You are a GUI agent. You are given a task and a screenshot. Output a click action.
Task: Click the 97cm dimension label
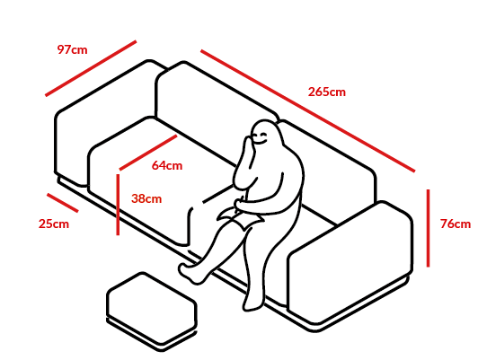pos(72,49)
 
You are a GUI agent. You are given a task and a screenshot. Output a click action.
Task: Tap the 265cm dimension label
pos(327,92)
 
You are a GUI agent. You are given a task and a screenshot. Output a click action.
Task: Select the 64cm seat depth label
pos(167,165)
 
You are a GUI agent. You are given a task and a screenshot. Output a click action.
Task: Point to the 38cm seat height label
pos(146,198)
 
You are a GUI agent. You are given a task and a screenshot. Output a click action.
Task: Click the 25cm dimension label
pos(54,224)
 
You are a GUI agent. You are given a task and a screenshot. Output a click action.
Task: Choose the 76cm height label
pos(456,224)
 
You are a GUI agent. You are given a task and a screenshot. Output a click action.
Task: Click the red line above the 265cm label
pos(307,110)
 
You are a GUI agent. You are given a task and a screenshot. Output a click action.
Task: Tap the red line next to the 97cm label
pos(91,68)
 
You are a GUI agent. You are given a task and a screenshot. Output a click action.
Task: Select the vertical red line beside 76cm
pos(428,228)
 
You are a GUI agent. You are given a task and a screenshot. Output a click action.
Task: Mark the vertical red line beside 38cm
pos(118,205)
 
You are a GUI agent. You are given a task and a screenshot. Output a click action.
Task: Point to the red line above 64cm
pos(148,153)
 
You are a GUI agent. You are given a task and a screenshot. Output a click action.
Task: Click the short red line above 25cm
pos(63,203)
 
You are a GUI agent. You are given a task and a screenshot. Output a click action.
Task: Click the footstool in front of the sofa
pos(152,312)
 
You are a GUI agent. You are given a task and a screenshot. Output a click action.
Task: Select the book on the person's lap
pos(241,217)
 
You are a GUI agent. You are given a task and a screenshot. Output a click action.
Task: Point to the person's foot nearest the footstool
pos(190,273)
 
